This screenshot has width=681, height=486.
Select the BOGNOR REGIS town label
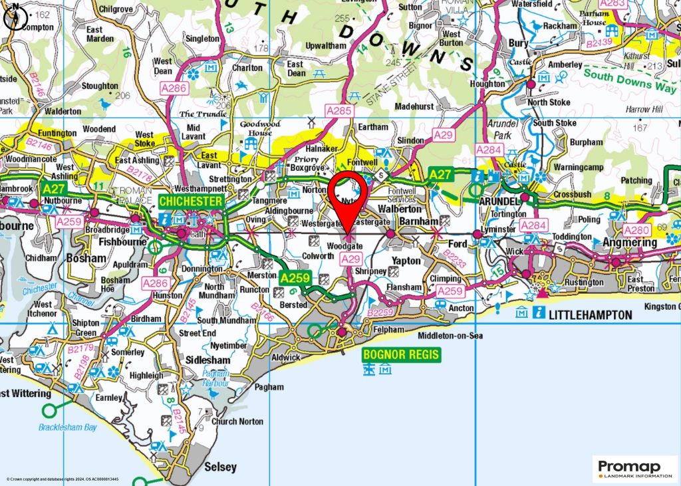402,354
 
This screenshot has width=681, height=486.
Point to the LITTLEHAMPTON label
588,314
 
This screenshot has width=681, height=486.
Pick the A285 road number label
339,111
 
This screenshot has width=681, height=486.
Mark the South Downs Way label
629,80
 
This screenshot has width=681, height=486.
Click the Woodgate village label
344,247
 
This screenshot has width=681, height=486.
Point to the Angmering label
629,243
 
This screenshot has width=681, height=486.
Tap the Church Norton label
237,422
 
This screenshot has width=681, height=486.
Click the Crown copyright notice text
63,479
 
